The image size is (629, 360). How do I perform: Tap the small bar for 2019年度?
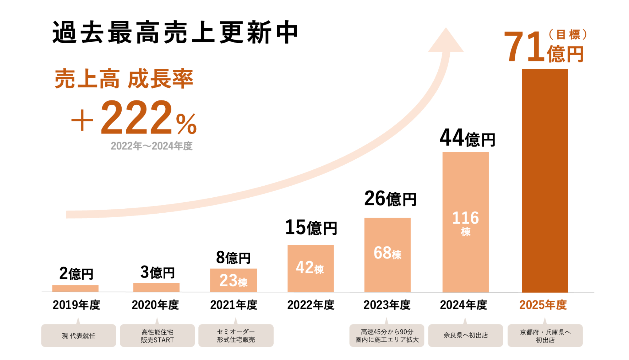pos(75,288)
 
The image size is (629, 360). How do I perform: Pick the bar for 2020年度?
pos(156,287)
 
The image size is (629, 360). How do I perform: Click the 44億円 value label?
pos(467,138)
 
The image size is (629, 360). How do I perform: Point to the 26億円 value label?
pos(390,199)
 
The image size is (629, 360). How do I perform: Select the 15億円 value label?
pos(311,228)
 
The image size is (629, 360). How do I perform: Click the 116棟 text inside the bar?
pos(465,223)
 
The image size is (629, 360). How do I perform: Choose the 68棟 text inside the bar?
pos(387,253)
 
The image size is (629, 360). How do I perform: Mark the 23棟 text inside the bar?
pos(233,281)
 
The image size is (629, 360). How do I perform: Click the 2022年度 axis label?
pos(311,305)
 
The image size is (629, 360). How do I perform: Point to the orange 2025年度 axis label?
pos(543,305)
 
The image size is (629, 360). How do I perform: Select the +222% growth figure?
pos(134,118)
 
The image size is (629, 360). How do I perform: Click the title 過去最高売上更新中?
pos(175,33)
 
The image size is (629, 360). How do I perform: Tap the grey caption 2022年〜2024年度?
pos(151,146)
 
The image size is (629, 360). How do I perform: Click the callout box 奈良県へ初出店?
pos(465,335)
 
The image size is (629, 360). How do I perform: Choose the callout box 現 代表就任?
pos(79,336)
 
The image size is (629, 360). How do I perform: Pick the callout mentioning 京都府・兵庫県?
pos(545,336)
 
